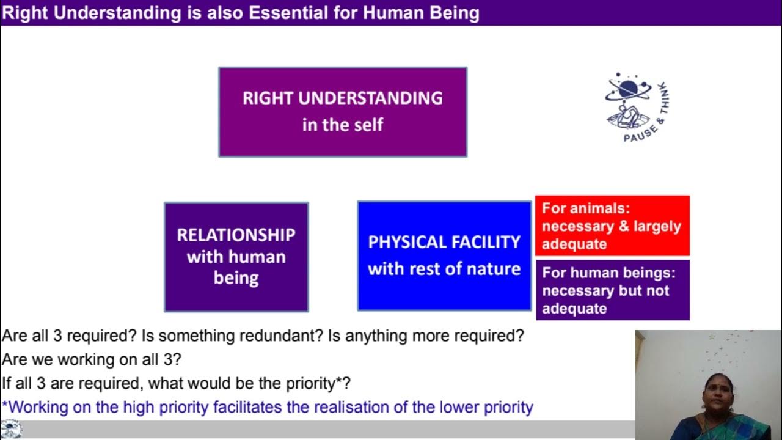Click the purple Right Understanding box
(x=343, y=112)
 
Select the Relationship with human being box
(x=236, y=257)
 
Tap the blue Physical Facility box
(x=444, y=255)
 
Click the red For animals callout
(x=612, y=226)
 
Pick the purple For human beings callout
(x=612, y=290)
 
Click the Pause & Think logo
(x=635, y=107)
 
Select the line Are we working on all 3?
(x=92, y=360)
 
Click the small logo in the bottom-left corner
(x=11, y=429)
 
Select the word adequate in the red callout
(x=574, y=244)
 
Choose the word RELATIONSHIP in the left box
(x=236, y=235)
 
